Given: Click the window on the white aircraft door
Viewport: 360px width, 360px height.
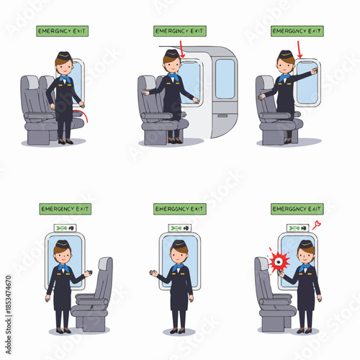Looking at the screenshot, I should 225,78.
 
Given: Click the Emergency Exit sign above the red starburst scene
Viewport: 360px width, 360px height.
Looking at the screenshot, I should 296,209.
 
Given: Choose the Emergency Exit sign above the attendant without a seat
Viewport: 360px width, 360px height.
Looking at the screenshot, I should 179,209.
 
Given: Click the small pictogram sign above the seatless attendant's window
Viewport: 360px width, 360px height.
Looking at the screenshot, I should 179,228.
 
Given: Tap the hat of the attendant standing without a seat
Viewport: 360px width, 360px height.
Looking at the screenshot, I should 179,244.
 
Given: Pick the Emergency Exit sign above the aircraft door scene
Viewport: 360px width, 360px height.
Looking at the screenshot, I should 179,31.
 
